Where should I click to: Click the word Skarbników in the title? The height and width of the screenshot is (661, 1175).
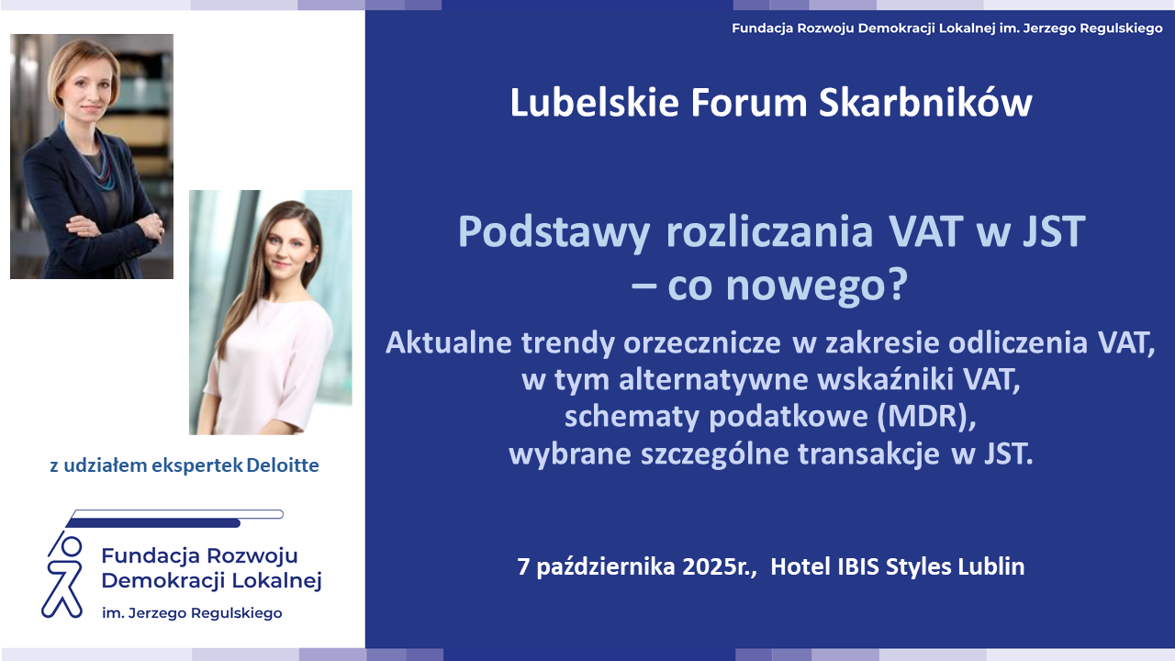point(925,102)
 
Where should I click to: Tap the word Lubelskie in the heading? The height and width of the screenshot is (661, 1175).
point(594,102)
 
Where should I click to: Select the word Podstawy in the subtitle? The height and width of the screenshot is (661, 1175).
point(554,232)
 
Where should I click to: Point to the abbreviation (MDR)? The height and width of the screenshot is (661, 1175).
point(927,417)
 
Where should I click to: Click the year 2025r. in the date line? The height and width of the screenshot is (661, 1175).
point(720,566)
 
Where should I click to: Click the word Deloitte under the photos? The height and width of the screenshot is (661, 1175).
point(282,465)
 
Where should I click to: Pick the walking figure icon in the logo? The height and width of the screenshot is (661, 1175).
point(63,575)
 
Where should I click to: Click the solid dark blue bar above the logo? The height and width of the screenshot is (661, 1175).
point(153,523)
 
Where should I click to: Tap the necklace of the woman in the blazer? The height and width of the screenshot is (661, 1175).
point(96,157)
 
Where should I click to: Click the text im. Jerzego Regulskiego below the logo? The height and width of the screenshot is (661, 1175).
point(192,612)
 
